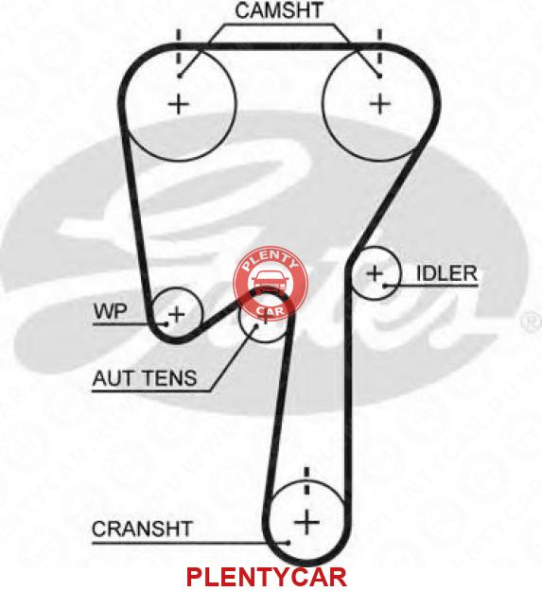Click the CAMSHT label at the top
click(278, 10)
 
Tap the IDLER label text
click(446, 273)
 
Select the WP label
click(111, 312)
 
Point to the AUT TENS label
click(145, 378)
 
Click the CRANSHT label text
click(142, 529)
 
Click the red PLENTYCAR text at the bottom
click(266, 577)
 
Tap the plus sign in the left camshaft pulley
click(178, 104)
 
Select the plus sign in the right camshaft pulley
click(380, 103)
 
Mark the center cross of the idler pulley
click(375, 273)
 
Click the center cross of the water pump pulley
click(176, 314)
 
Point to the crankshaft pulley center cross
click(306, 522)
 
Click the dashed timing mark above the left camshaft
click(179, 50)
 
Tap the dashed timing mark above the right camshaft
click(379, 49)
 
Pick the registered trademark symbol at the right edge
click(532, 322)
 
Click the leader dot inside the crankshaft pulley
click(288, 543)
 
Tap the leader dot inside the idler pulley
click(384, 287)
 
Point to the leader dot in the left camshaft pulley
click(180, 76)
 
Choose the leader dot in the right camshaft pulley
click(379, 76)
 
